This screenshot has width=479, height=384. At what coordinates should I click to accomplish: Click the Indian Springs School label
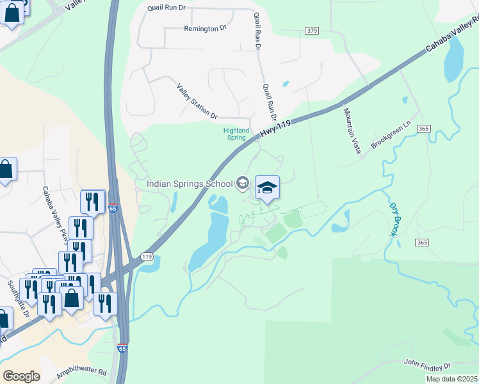click(190, 184)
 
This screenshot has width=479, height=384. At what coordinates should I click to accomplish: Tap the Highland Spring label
click(235, 134)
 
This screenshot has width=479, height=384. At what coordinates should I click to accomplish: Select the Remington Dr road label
click(206, 29)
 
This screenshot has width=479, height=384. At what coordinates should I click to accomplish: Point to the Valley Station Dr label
click(196, 100)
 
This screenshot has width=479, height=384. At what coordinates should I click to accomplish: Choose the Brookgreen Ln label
click(389, 136)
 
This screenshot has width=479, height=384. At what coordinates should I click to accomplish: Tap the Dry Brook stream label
click(394, 220)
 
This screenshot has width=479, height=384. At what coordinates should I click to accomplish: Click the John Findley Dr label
click(427, 364)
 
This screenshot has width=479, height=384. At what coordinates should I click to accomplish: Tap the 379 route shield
click(312, 31)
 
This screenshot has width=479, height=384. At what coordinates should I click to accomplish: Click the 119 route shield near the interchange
click(147, 257)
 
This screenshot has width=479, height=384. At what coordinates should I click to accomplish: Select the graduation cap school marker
click(268, 188)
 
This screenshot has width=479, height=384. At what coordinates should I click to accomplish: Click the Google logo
click(21, 376)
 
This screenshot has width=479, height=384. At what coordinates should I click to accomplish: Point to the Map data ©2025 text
click(451, 379)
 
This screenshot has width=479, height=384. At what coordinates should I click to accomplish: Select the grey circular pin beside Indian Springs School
click(242, 184)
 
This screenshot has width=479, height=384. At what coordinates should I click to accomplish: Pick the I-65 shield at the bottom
click(122, 349)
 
